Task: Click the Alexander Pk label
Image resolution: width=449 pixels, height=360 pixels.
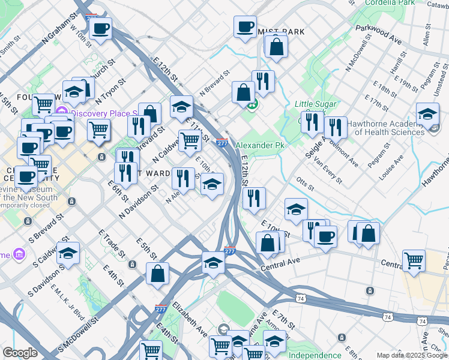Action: (259, 146)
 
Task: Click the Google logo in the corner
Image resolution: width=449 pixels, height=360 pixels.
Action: (20, 352)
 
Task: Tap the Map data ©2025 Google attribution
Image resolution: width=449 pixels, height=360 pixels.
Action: (412, 355)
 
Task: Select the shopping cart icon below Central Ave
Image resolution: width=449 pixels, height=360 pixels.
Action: (414, 260)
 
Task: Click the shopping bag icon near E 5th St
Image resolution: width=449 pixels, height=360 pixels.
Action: (157, 273)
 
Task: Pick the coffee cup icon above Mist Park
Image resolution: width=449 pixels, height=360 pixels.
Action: (245, 26)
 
